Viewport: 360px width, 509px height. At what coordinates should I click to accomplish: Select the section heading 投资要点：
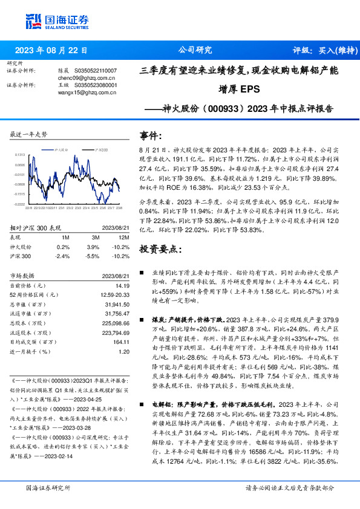[159, 248]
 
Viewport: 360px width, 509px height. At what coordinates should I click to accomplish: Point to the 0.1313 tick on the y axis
[20, 155]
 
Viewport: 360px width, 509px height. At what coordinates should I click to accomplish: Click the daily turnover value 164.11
[121, 342]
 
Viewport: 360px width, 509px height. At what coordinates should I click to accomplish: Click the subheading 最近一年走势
[29, 134]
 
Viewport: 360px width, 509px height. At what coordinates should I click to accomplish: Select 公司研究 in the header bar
[194, 50]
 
